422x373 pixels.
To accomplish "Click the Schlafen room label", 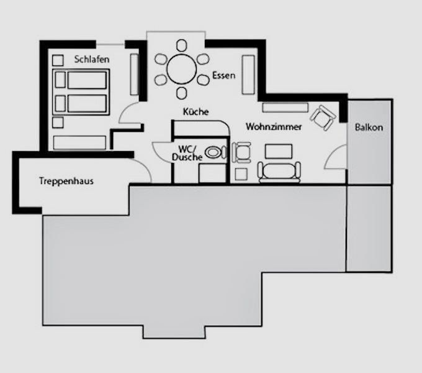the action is pos(92,59).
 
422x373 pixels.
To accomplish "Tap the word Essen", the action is pos(223,75).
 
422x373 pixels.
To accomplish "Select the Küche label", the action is pos(195,111).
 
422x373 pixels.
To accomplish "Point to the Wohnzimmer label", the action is pos(274,126).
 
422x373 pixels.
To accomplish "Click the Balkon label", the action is pos(369,127).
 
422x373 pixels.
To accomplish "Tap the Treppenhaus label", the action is pos(66,181).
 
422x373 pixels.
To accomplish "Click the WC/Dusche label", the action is pos(187,153).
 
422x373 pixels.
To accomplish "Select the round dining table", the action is pos(182,69).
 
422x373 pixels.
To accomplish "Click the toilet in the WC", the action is pos(215,152).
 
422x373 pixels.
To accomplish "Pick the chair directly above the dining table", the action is pos(182,45).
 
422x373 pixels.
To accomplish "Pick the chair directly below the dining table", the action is pos(182,93).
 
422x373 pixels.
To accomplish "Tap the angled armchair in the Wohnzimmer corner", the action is pos(323,117).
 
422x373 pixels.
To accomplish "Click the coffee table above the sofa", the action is pos(279,152).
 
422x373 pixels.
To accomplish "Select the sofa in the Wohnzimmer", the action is pos(279,172).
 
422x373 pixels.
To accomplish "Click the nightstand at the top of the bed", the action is pos(58,60).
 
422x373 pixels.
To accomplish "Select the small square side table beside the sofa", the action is pos(241,174).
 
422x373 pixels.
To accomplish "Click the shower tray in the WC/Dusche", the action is pos(212,173).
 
